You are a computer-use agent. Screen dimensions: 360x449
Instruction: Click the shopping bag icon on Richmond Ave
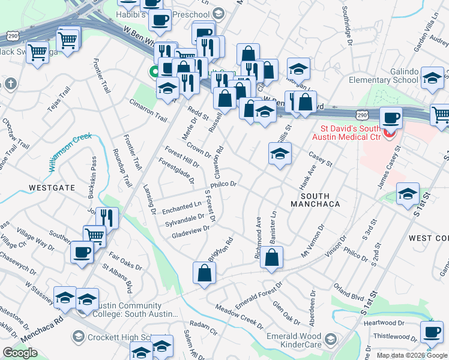click(273, 258)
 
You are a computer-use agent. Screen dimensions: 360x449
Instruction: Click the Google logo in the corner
click(19, 352)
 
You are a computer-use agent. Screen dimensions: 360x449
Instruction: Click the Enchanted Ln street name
click(181, 207)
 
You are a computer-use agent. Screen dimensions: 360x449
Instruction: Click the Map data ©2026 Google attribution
click(411, 355)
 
